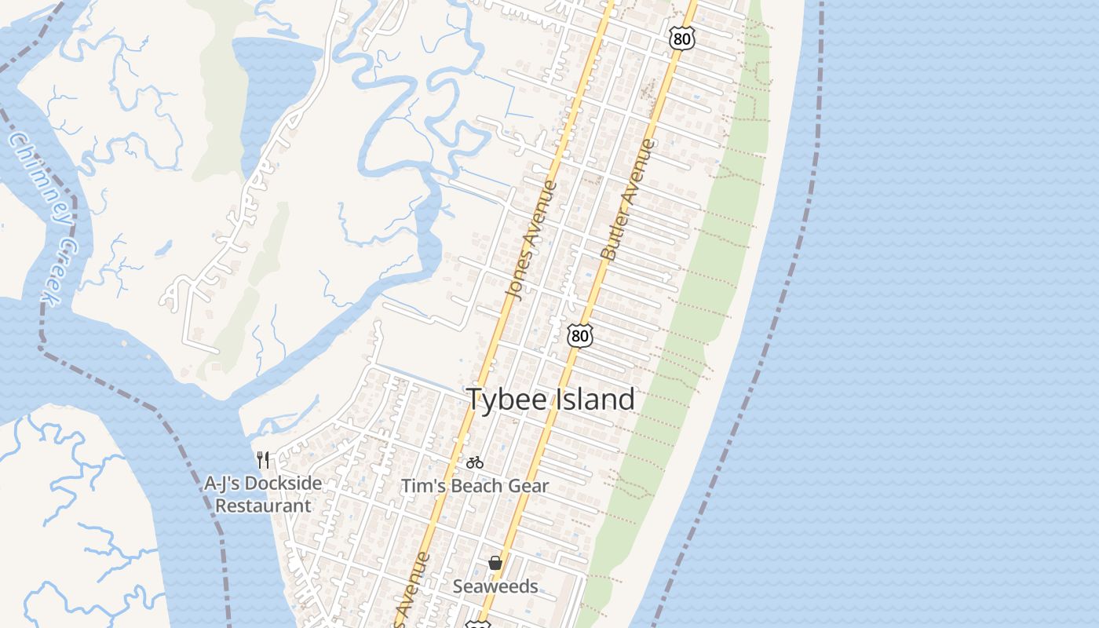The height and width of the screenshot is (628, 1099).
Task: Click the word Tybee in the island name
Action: (x=506, y=400)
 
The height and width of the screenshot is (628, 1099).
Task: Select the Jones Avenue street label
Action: (x=531, y=240)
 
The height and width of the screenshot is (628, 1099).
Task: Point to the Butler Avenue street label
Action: (x=627, y=200)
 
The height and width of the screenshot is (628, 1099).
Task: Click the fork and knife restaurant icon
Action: (x=263, y=460)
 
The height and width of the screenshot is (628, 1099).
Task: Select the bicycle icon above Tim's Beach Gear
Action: (x=474, y=463)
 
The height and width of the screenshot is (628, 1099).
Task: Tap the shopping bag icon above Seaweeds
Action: (x=495, y=562)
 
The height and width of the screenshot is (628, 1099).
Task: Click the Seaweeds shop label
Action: (x=495, y=586)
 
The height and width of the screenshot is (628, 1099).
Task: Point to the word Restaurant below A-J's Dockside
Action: (x=263, y=506)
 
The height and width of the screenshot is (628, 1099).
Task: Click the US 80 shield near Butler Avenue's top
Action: (x=682, y=38)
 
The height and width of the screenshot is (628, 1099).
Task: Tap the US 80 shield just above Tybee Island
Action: (x=579, y=336)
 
